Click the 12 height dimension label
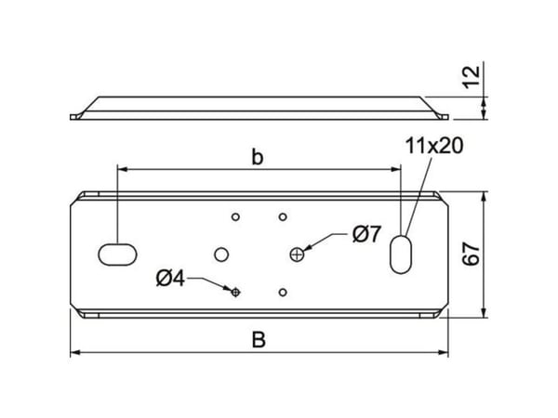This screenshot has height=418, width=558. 472,77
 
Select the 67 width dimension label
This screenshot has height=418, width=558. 472,254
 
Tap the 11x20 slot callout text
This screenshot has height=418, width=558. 434,146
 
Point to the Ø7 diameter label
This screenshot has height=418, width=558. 367,234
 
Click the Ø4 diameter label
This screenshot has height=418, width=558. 170,279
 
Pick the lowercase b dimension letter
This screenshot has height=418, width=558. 258,157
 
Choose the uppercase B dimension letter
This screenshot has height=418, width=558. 259,340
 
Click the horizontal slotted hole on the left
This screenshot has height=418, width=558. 117,255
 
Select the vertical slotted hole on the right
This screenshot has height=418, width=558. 401,255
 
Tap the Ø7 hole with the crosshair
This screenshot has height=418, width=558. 297,255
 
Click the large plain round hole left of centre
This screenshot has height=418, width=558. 221,255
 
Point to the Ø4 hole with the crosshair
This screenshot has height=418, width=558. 235,293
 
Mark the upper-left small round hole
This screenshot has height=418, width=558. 235,216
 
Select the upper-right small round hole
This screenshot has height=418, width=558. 283,216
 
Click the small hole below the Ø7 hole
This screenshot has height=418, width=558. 283,293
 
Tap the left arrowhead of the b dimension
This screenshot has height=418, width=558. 122,170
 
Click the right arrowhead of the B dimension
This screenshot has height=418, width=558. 444,353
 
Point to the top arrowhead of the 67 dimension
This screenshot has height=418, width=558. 484,197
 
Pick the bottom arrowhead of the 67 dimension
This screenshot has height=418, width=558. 484,313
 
